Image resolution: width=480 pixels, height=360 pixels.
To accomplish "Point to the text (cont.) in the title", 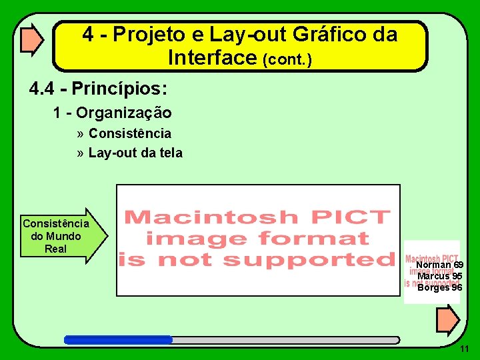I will (288, 60).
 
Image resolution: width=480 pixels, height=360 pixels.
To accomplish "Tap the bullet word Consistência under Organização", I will (129, 134).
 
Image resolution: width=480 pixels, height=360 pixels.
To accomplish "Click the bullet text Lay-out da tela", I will (135, 153).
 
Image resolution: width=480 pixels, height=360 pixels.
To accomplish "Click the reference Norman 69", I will (439, 265).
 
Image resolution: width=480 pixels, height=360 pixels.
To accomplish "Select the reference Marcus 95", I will (439, 276).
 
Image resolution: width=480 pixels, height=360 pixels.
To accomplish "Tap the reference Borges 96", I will (439, 287).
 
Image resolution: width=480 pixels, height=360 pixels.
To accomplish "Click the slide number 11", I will (465, 349).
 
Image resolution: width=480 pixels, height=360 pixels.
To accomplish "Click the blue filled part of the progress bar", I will (118, 339).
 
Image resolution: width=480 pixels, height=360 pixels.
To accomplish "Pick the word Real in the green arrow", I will (55, 249).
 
